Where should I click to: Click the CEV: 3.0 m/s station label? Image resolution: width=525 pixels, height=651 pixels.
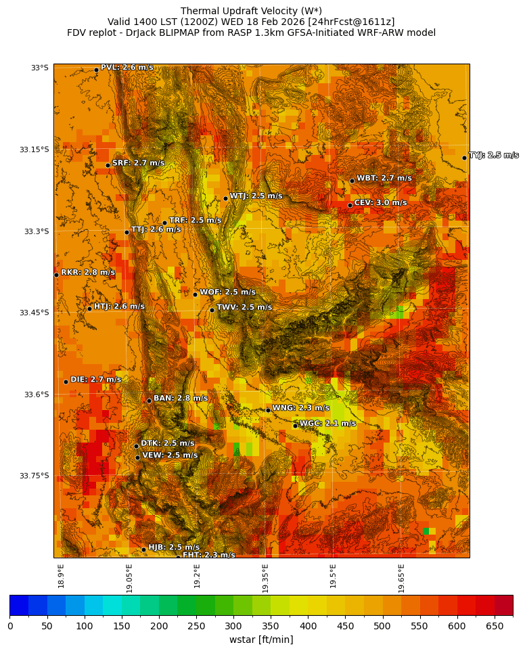[380, 203]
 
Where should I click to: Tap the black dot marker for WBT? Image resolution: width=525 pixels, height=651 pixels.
[352, 181]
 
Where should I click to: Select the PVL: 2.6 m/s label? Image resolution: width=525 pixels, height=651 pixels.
[127, 68]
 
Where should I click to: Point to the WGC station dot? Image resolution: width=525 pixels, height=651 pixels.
[295, 426]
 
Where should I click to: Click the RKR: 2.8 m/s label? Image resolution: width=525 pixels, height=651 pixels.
[88, 273]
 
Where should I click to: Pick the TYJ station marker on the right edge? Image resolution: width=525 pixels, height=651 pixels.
[464, 158]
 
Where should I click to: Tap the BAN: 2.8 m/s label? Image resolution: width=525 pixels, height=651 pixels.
[181, 399]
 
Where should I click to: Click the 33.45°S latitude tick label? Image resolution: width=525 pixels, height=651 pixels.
[34, 313]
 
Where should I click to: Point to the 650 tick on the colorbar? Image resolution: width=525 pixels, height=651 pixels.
[495, 626]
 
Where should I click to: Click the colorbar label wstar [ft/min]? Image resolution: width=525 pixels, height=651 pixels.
[261, 639]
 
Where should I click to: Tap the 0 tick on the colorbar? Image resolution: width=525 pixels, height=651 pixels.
[10, 626]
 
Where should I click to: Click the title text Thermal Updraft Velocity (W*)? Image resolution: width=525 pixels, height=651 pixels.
[251, 11]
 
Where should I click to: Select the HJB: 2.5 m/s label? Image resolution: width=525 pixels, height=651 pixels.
[174, 547]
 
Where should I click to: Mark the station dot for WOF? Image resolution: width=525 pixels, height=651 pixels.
[195, 294]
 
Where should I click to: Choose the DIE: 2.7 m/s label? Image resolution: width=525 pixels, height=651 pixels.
[95, 380]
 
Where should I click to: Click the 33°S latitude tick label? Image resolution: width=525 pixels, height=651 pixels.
[39, 68]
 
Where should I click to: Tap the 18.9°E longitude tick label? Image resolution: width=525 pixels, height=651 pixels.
[61, 577]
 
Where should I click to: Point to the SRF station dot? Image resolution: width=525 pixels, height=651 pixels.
[108, 165]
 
